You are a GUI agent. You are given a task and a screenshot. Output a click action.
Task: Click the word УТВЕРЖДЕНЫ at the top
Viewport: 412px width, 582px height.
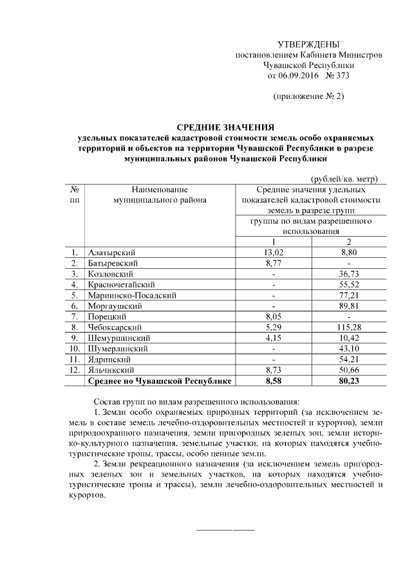point(308,44)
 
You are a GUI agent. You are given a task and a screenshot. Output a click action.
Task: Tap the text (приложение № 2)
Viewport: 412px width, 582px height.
point(309,96)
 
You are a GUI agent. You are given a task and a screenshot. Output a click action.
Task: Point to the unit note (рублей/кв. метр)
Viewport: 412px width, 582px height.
point(344,179)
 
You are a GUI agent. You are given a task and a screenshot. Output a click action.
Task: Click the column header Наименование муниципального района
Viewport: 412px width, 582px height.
point(160,195)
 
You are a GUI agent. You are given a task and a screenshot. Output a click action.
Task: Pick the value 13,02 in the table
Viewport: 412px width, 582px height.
point(274,252)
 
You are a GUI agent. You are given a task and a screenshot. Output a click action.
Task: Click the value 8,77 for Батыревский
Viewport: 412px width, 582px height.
point(274,263)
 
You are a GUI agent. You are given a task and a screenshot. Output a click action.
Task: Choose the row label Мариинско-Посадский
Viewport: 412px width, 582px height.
point(133,295)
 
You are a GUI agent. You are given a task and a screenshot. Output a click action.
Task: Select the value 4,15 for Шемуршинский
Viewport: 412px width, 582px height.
point(274,338)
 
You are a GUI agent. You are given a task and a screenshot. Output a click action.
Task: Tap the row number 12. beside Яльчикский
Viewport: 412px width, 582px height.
point(75,370)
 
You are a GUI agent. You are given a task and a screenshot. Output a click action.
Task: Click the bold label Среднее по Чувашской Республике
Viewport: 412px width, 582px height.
point(160,381)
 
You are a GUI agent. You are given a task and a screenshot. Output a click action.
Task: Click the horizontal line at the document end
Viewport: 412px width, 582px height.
point(225,529)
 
